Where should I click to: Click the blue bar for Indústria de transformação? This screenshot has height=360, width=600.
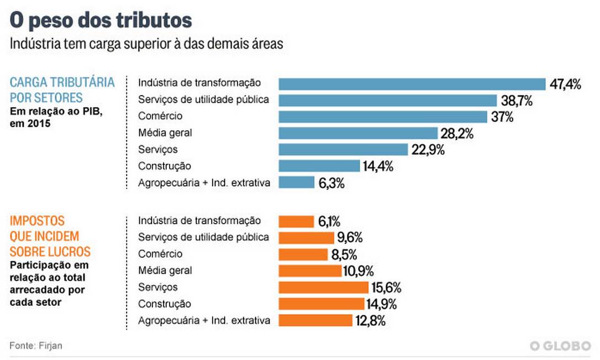tap(412, 84)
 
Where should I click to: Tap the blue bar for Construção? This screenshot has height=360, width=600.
tap(319, 166)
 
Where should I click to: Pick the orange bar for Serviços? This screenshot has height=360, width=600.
tap(323, 287)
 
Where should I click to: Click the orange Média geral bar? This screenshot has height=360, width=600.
tap(310, 271)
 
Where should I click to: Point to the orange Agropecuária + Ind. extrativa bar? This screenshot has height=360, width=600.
tap(315, 320)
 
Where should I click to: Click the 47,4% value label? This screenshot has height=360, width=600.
tap(565, 84)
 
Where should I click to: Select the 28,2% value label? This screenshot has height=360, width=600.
tap(457, 133)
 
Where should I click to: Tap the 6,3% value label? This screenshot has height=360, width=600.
tap(331, 183)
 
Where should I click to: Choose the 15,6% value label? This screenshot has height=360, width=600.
tap(386, 287)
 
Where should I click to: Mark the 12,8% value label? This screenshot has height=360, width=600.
tap(370, 320)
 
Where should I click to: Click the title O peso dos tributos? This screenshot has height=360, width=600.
tap(101, 20)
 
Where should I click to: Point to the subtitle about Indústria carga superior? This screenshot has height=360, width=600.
tap(146, 44)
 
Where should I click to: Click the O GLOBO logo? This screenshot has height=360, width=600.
tap(560, 346)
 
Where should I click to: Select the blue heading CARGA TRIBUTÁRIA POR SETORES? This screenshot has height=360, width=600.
tap(62, 90)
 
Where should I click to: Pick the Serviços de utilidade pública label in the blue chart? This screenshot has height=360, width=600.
tap(203, 100)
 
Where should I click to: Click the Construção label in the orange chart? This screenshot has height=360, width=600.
tap(165, 304)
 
